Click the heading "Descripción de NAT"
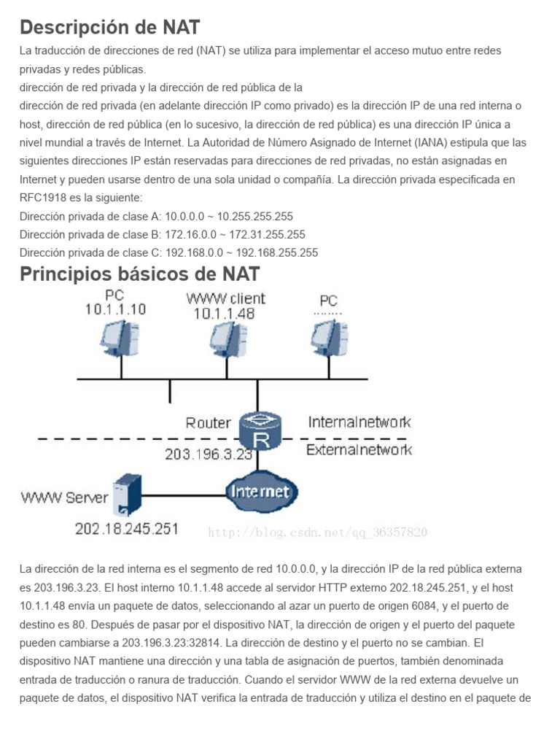[x=109, y=27]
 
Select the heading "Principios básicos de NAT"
[x=140, y=274]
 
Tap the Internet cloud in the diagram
[x=260, y=491]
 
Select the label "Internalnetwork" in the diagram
[x=359, y=422]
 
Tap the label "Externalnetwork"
[x=359, y=449]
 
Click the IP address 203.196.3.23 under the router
[x=208, y=454]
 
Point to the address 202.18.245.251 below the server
[x=126, y=529]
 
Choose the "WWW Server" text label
[x=64, y=498]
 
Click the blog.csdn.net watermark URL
[x=317, y=533]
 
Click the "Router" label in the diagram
[x=208, y=422]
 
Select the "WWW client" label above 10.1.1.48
[x=226, y=298]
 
